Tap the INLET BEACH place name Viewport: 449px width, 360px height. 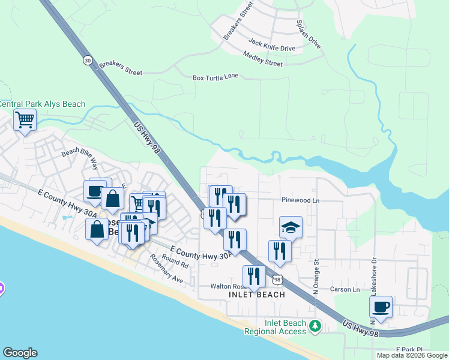tap(256, 295)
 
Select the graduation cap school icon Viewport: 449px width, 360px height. tap(291, 227)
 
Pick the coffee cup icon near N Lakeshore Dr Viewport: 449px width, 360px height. tap(381, 307)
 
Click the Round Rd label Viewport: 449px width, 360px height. tap(175, 262)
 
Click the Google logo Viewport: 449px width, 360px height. tap(20, 353)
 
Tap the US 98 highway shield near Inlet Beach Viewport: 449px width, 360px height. tap(277, 280)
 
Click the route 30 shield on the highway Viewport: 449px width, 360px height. tap(88, 60)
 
